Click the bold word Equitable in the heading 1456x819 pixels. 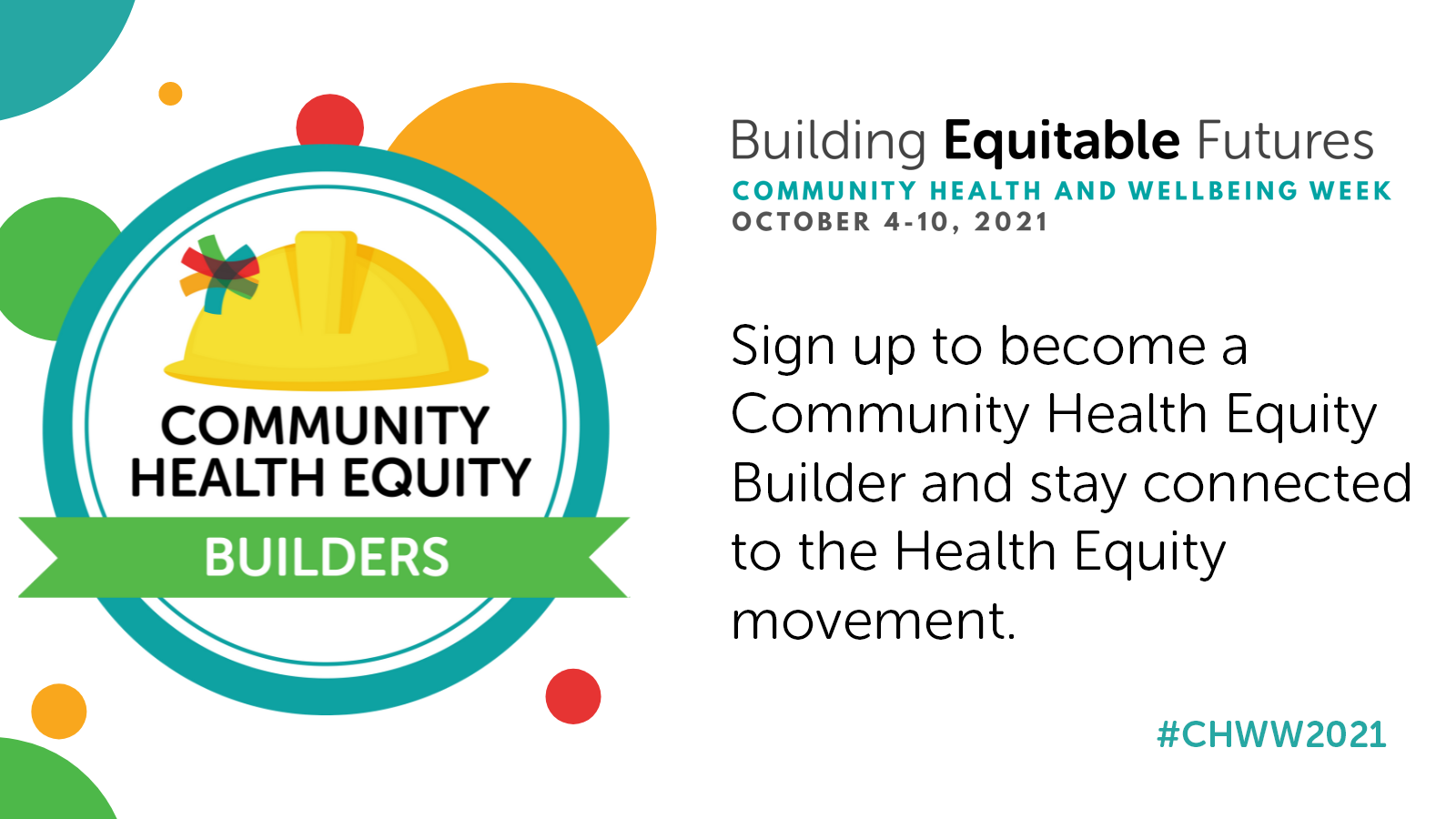[1061, 142]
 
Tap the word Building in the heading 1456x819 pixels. [829, 142]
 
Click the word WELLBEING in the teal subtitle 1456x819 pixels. [1212, 191]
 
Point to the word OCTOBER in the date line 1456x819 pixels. [801, 222]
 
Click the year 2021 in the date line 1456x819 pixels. [1011, 222]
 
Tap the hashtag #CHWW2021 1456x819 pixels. [1271, 735]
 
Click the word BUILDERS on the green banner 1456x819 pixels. [327, 557]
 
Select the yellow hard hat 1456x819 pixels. [327, 310]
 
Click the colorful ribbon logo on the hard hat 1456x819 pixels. [219, 273]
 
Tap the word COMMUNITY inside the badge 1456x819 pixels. [325, 426]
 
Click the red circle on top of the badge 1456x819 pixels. [329, 120]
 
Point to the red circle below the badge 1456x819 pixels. [572, 696]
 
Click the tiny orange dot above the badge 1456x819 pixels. [170, 94]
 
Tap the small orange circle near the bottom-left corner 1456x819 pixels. [59, 711]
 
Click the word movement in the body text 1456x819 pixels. [874, 621]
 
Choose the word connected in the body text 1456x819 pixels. [1278, 483]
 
